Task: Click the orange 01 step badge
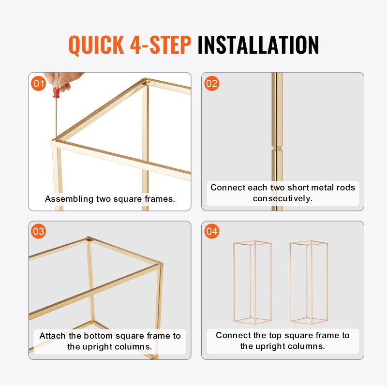[39, 83]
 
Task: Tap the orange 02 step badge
[212, 83]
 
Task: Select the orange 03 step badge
[39, 231]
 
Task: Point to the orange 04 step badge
[212, 231]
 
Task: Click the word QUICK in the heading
[96, 45]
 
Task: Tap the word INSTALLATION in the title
[258, 45]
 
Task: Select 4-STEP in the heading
[161, 45]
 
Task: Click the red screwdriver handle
[57, 93]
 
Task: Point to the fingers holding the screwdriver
[63, 81]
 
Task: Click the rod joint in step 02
[277, 148]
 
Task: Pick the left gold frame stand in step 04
[252, 282]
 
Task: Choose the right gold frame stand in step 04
[309, 282]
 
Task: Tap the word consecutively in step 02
[283, 198]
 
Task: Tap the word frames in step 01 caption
[160, 199]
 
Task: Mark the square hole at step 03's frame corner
[89, 239]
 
